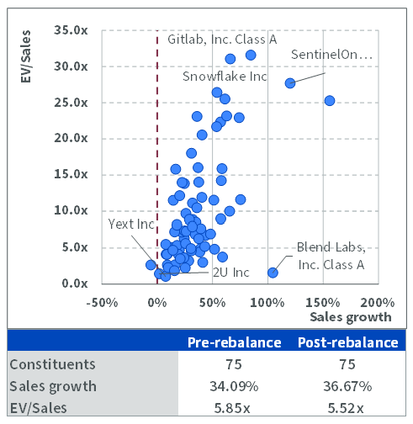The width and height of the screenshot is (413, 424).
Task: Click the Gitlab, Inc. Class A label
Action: pos(222,40)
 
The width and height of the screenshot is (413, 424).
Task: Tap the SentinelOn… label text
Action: pos(331,55)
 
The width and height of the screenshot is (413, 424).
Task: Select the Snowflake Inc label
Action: pos(225,77)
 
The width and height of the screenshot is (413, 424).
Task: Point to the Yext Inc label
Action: pos(131,224)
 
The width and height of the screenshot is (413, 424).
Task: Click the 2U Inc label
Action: pos(231,273)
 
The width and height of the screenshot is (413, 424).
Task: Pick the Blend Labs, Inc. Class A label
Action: pos(331,256)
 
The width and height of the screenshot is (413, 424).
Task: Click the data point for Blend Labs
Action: pos(273,273)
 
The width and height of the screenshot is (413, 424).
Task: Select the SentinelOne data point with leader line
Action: pos(290,83)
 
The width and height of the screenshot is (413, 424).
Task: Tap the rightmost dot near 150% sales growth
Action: pos(330,100)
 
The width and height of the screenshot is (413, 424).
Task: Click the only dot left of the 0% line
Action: pos(151,265)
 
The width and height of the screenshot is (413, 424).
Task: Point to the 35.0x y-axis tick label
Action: pos(71,30)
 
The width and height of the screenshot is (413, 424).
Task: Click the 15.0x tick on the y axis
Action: pos(71,174)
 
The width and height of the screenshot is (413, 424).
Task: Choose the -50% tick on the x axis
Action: pos(102,303)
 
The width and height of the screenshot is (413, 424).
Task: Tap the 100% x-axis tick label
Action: pos(267,303)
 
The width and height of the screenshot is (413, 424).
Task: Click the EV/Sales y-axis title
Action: pos(25,56)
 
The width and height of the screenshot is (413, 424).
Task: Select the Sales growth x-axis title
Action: pos(351,317)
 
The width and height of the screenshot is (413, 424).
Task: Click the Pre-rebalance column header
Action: pos(235,342)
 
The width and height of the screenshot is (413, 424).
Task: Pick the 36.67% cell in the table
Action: pos(347,386)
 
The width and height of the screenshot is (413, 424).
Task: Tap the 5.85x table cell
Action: pos(232,408)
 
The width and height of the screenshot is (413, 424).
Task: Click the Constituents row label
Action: pos(52,364)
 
